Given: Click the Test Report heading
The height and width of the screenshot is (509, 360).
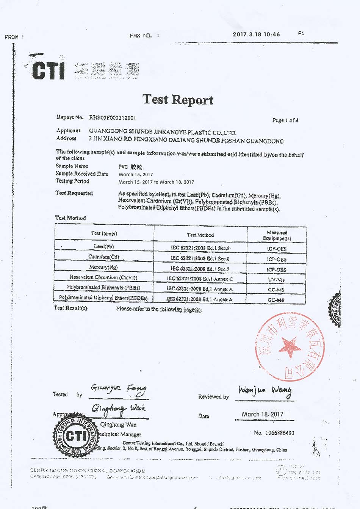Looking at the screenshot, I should [178, 100].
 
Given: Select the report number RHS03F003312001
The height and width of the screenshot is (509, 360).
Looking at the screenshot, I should [112, 117].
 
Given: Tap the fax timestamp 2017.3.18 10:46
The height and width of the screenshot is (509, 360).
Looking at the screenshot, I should [256, 34].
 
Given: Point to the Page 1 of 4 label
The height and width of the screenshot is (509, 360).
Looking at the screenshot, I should [285, 120].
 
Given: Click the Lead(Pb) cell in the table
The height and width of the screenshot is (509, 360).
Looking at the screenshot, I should [104, 246].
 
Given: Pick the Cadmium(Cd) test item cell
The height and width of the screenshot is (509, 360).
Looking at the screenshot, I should [104, 257].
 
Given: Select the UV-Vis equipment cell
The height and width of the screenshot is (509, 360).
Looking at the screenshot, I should [276, 280].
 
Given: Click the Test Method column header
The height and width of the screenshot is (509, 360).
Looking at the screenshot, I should [200, 235].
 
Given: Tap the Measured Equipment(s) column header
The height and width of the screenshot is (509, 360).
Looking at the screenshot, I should [277, 235].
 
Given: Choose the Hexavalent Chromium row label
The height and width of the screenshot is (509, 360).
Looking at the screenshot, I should [103, 277].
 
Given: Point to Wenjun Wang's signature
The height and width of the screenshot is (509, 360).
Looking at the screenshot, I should [265, 391].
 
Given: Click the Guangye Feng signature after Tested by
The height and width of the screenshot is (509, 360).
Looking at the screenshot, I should [118, 388].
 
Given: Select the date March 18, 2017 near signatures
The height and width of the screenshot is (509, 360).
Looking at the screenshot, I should [263, 414].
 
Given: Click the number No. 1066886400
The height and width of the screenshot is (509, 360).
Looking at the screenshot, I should [274, 433].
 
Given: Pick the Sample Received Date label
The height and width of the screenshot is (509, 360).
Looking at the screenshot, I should [82, 174].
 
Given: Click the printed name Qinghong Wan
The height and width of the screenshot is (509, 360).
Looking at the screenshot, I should [118, 424].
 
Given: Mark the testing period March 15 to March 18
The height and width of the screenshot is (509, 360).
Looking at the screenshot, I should [156, 182].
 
